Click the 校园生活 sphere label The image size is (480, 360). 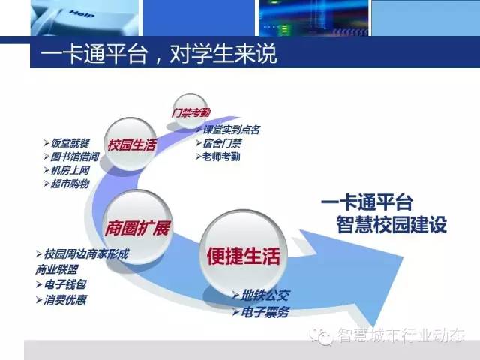[x=132, y=145]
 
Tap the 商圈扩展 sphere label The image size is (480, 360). [x=137, y=228]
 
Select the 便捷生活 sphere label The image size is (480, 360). [x=244, y=256]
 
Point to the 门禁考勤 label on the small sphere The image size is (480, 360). [x=191, y=112]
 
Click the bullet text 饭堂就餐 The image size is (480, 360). [x=70, y=143]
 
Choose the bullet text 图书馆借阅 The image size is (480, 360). [x=75, y=157]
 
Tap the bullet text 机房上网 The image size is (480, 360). [x=70, y=170]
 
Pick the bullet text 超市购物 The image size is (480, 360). [x=70, y=184]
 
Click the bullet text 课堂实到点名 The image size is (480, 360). [x=232, y=130]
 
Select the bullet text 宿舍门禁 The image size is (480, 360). [x=223, y=143]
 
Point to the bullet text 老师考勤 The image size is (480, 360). [x=221, y=157]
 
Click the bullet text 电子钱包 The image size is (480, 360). [x=65, y=284]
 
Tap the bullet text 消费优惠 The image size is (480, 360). [x=65, y=300]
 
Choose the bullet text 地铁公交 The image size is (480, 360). [x=265, y=295]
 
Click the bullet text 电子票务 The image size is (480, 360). [x=265, y=312]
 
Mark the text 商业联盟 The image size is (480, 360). [x=57, y=269]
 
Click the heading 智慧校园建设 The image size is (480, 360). [x=391, y=224]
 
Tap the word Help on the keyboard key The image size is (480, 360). [x=82, y=13]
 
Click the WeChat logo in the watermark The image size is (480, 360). [x=321, y=336]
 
